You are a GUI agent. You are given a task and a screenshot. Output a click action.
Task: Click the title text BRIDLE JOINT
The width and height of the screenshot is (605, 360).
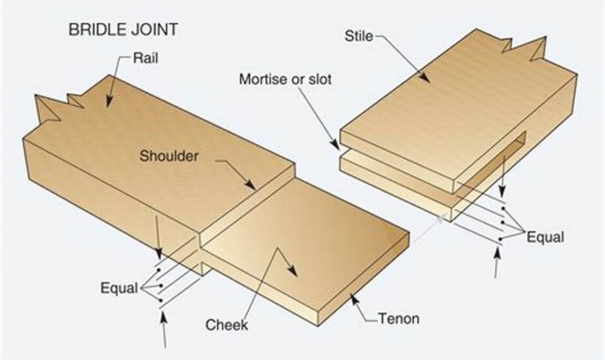coord(123,29)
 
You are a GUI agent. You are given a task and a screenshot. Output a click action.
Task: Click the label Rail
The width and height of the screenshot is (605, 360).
coord(145,58)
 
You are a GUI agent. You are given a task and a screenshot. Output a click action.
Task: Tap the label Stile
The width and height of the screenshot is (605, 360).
coord(358,36)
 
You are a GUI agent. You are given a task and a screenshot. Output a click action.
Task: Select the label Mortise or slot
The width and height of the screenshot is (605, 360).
coord(285,79)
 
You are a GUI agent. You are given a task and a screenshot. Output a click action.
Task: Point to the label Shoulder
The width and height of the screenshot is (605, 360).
coord(169,156)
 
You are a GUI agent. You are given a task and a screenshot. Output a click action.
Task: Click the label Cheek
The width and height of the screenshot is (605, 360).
coord(226,325)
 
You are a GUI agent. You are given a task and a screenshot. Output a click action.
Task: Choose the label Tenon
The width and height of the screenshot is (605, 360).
coord(399,318)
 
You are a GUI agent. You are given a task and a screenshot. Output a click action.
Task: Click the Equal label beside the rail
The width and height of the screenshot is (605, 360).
coord(119,288)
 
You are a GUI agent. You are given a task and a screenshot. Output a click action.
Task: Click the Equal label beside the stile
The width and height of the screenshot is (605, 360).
coord(545,237)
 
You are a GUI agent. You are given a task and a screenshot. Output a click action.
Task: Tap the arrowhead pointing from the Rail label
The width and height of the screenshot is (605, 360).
coord(109,104)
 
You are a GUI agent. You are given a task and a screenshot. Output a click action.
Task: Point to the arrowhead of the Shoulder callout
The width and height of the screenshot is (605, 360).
coord(253,187)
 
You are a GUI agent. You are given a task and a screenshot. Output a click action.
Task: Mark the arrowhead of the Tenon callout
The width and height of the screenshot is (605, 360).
coord(351,297)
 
